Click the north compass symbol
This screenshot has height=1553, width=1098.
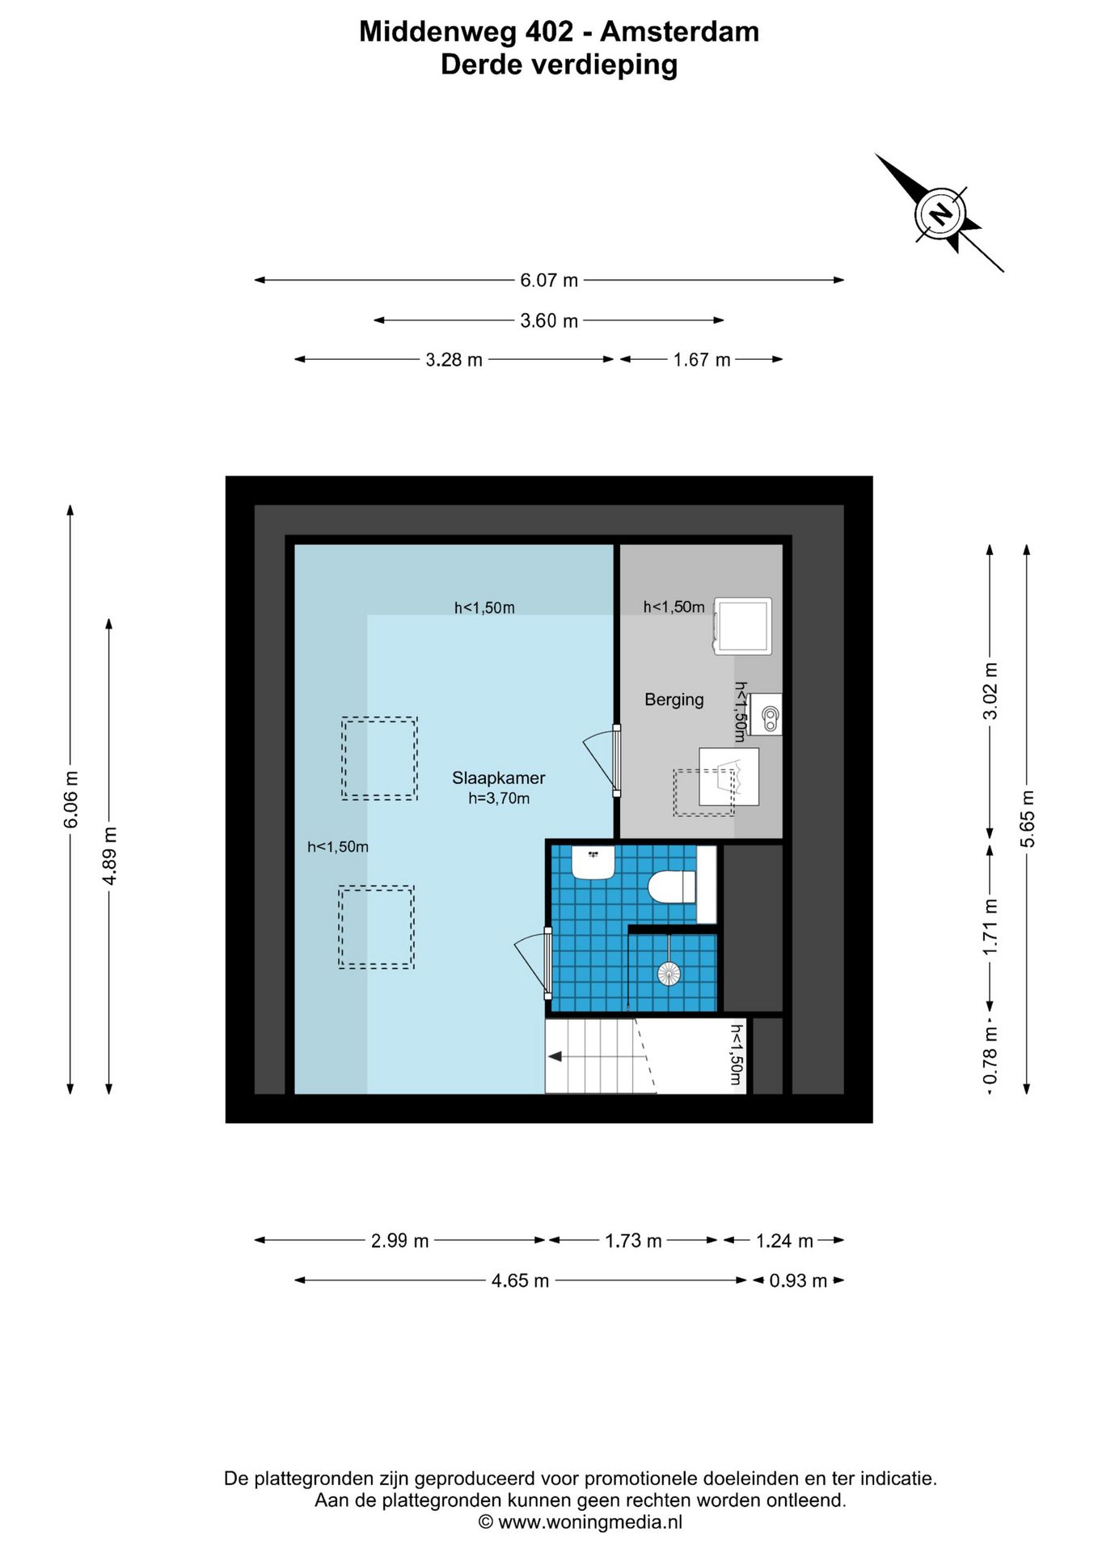click(940, 214)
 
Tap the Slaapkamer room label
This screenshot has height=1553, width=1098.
click(498, 778)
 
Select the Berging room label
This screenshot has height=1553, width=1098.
click(674, 700)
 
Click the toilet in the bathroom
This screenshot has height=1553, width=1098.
click(672, 886)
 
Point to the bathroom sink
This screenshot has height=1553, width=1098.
click(593, 862)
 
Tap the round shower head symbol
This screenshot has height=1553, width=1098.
click(669, 973)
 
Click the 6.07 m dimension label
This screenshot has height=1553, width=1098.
click(549, 281)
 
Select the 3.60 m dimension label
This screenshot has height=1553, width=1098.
click(549, 321)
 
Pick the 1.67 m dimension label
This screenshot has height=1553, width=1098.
click(702, 360)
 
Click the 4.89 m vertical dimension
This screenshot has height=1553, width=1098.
click(110, 856)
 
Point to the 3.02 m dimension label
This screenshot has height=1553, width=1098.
click(990, 690)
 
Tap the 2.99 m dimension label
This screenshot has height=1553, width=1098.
click(399, 1241)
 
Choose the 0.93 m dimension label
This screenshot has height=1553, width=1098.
click(798, 1281)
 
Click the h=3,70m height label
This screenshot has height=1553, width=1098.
click(499, 799)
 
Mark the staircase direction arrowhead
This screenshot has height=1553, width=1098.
click(555, 1056)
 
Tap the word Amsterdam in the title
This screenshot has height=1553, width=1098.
click(679, 32)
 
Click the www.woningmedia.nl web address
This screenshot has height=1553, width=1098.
click(590, 1522)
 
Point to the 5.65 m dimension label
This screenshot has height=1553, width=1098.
click(1028, 819)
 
